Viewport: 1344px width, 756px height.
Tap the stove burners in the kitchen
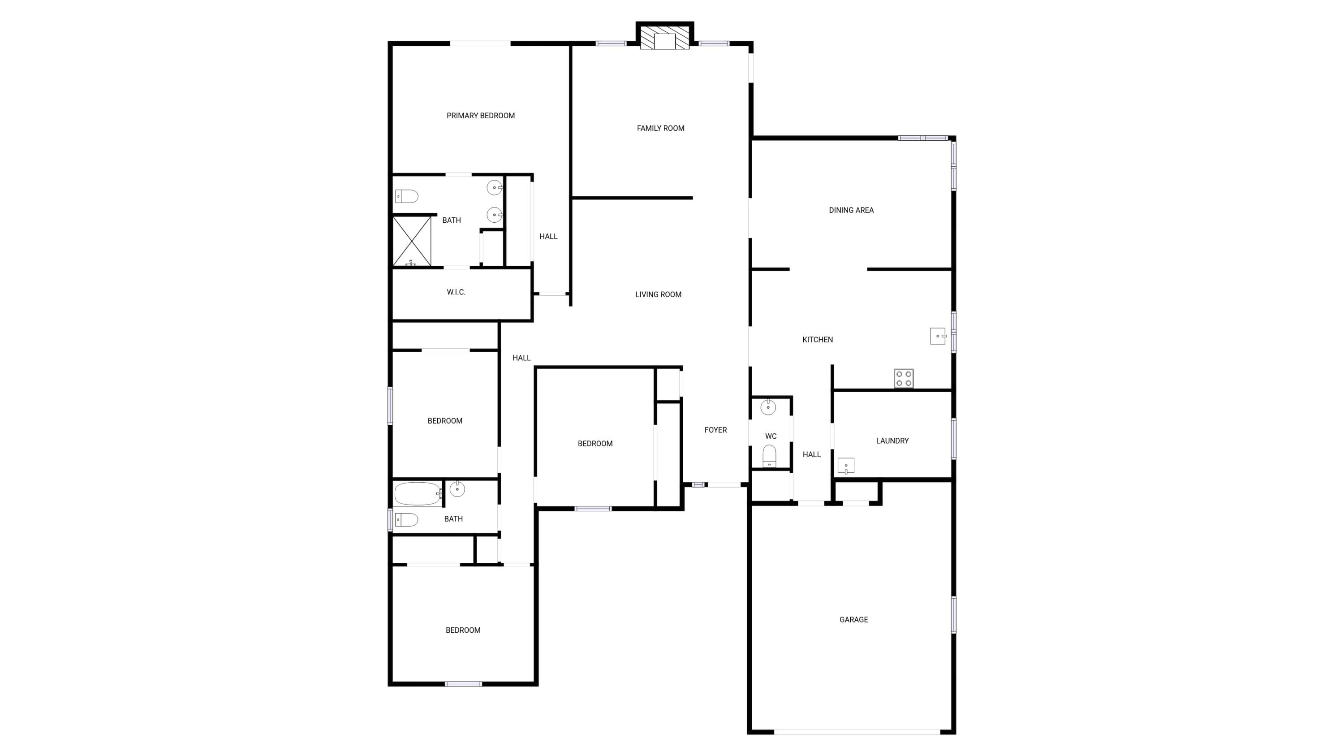point(904,378)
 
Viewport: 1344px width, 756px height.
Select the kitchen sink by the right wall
point(938,336)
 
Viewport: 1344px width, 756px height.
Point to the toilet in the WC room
point(769,457)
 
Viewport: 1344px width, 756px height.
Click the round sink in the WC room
point(768,406)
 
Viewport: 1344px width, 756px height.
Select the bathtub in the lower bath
point(418,493)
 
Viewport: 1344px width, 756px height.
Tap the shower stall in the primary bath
point(412,242)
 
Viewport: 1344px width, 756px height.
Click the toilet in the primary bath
point(406,197)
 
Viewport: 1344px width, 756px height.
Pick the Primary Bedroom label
point(481,116)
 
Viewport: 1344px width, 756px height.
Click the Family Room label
point(660,128)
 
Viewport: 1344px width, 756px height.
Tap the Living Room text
point(659,295)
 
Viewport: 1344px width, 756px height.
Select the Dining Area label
point(852,210)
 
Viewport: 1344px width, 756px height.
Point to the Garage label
point(853,620)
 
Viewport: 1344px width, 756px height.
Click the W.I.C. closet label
point(456,292)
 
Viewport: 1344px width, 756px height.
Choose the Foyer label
point(716,430)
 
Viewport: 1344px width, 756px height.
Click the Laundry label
point(892,441)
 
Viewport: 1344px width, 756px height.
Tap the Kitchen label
point(818,340)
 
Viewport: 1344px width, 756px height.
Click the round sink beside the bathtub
point(457,489)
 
